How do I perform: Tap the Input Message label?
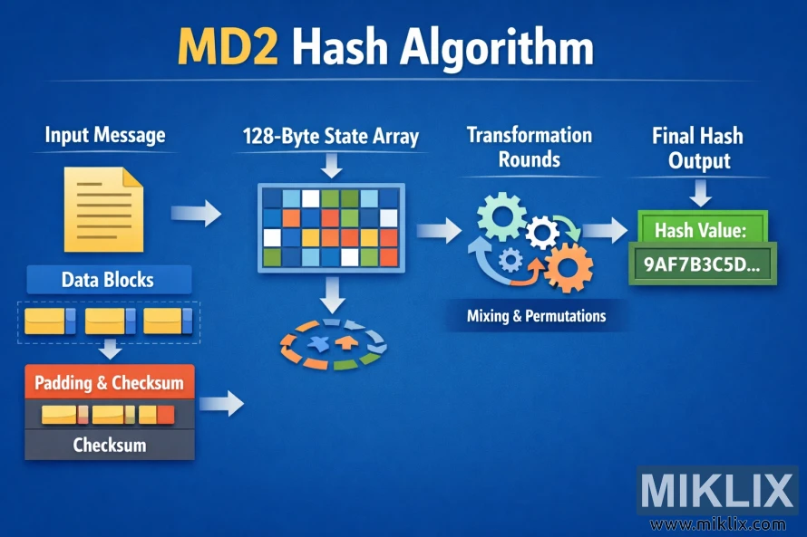tap(105, 136)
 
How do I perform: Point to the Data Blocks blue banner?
tap(109, 280)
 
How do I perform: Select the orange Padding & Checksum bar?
tap(109, 383)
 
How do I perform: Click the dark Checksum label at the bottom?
tap(109, 446)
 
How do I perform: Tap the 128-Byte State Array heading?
tap(331, 138)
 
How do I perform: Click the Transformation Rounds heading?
tap(529, 148)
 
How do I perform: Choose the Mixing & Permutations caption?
tap(536, 317)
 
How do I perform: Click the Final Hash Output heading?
tap(697, 149)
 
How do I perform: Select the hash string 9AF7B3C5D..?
tap(701, 264)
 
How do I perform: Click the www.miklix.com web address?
tap(717, 524)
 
